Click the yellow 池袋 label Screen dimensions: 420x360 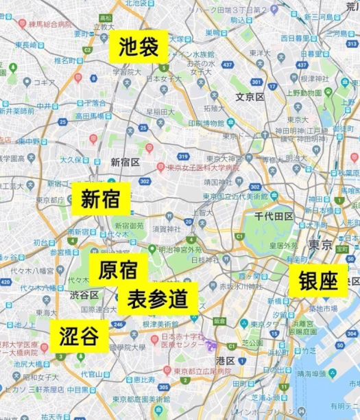[139, 47]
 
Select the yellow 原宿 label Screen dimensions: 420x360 [118, 270]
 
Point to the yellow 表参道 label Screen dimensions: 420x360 [158, 299]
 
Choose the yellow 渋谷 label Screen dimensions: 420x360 [80, 336]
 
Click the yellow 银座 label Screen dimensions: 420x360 [318, 280]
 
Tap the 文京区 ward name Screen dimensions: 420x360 [250, 97]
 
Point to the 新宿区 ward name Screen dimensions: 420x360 [125, 162]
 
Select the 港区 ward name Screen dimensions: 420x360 [226, 360]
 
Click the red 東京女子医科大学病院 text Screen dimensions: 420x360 [204, 167]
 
